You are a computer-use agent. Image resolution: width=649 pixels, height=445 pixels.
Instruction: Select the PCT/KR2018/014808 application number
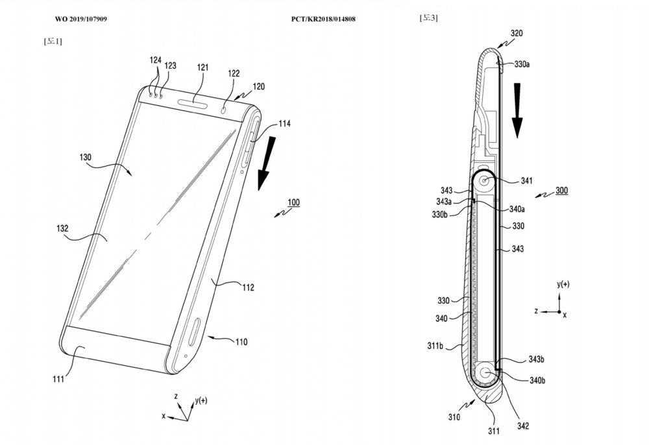tap(323, 19)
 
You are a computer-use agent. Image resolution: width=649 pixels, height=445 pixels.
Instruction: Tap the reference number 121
tap(202, 67)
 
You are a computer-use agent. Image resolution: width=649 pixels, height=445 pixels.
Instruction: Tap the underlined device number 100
tap(293, 202)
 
